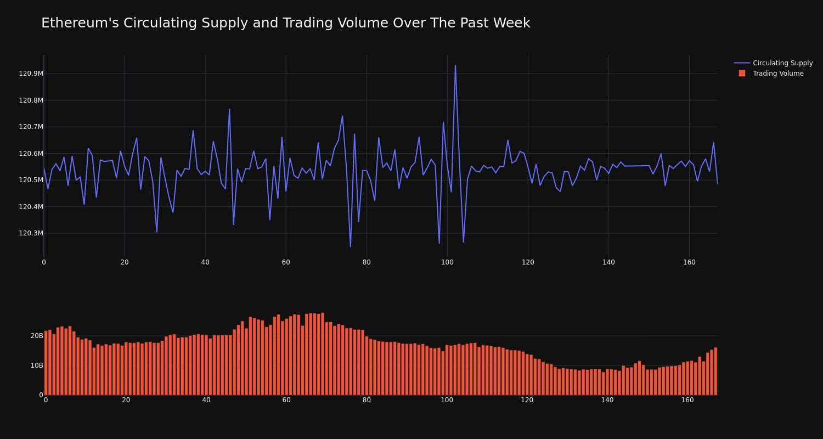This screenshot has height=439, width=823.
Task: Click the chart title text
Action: (x=285, y=23)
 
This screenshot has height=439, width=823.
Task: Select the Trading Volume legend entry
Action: (x=777, y=74)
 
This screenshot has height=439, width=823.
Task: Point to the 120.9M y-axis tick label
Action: (x=31, y=74)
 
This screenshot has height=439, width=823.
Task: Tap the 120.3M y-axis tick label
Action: (x=31, y=233)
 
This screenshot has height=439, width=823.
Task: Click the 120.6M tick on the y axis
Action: (x=31, y=154)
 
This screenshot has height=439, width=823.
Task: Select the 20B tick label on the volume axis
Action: (x=37, y=336)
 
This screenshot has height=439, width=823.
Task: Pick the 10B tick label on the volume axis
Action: (x=37, y=365)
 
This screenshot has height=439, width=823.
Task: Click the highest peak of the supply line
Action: (x=455, y=65)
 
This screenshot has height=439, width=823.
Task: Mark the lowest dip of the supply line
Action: (x=351, y=247)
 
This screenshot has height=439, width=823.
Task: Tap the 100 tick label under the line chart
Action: (x=447, y=262)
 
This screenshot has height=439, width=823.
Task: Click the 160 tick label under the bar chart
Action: (x=687, y=400)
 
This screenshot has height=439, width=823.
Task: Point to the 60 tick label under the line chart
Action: (x=286, y=262)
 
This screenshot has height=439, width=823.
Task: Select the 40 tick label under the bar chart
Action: (x=206, y=400)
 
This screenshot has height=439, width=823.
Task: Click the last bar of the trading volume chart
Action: (x=715, y=371)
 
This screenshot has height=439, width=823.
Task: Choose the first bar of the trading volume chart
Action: (x=46, y=363)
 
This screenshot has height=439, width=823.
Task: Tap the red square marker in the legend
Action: (x=742, y=74)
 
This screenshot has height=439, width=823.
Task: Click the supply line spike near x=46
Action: (x=229, y=109)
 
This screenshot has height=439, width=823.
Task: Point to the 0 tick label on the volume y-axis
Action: (x=41, y=395)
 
